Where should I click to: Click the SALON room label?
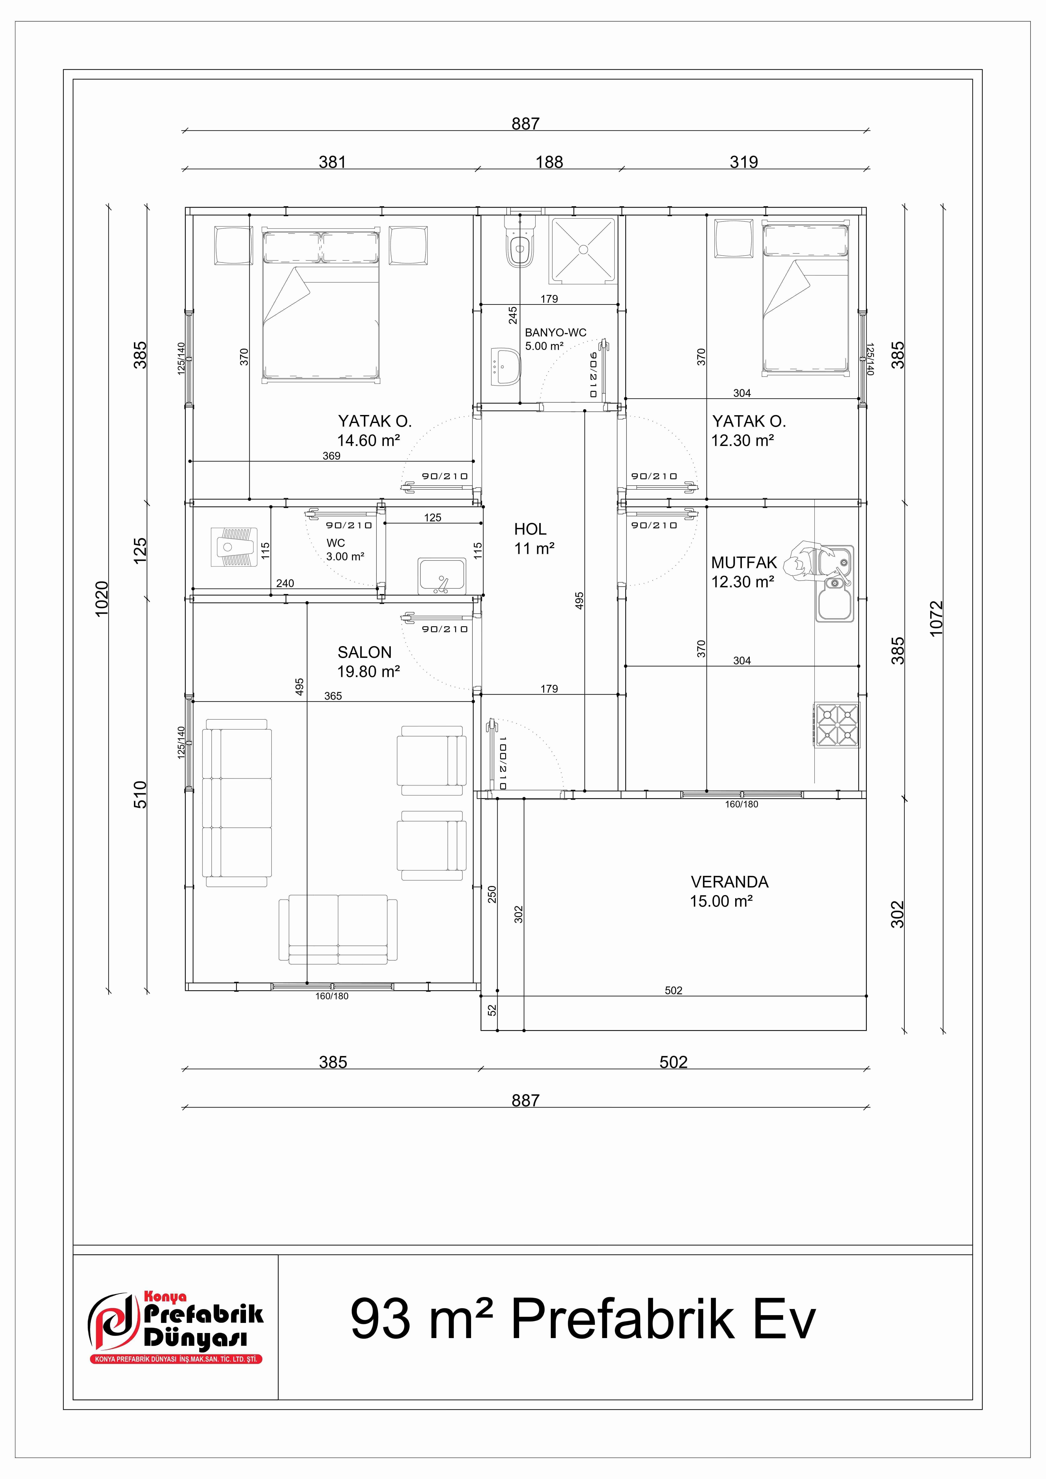coord(365,653)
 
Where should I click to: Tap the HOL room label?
coord(530,530)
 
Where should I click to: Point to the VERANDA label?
coord(730,882)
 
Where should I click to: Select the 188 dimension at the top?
coord(549,162)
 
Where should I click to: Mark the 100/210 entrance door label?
coord(502,763)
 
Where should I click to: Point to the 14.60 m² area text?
coord(368,441)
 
